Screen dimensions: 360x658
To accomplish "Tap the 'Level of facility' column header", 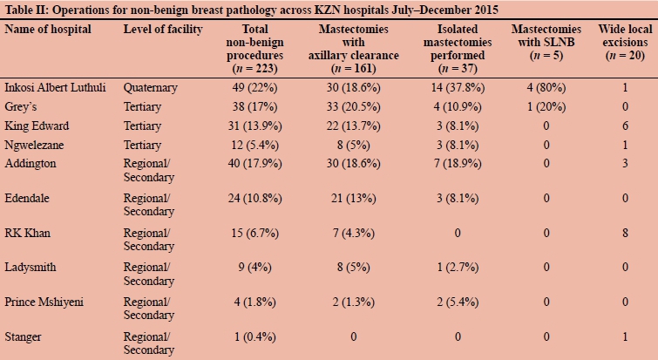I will tap(161, 30).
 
